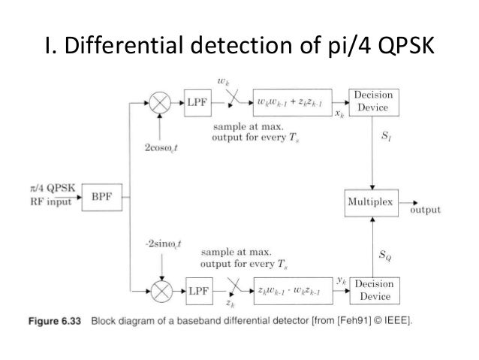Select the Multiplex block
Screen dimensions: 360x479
point(370,203)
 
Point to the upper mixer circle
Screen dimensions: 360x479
point(160,101)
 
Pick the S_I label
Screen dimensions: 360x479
point(386,139)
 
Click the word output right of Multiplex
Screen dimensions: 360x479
point(424,211)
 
